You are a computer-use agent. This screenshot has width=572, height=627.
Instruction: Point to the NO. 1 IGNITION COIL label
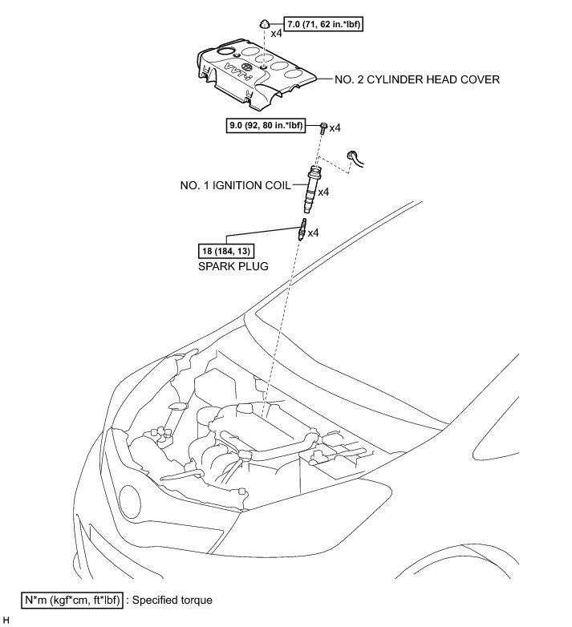(236, 184)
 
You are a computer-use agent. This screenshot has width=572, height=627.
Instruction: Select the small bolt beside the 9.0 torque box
(323, 127)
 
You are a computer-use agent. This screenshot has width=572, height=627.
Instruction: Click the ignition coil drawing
(312, 186)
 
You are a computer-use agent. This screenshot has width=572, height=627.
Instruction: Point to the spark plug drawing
(302, 231)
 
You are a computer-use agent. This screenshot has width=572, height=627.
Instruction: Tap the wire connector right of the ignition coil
(354, 158)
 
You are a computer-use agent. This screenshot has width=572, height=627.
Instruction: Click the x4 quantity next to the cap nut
(277, 34)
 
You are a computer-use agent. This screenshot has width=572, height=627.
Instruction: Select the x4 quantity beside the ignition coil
(325, 192)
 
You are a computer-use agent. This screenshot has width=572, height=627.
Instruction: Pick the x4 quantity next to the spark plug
(314, 233)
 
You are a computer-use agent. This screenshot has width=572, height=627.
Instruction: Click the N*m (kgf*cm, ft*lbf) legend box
(71, 599)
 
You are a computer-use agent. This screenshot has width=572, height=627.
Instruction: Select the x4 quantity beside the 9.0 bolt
(336, 127)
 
